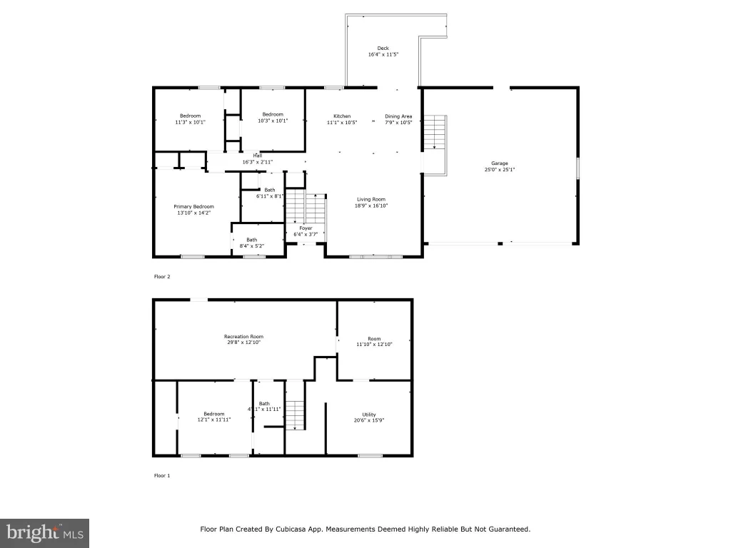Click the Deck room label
383,48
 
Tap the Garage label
499,163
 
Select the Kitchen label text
342,116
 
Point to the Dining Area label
398,116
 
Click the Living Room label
371,199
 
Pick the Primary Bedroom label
194,206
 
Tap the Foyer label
306,228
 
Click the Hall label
257,156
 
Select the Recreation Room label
244,336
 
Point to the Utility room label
369,415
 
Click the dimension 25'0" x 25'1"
499,170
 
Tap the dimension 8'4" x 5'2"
252,246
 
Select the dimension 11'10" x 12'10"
374,345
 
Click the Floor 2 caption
162,276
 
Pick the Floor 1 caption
162,475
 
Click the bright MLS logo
44,533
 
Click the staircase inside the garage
435,132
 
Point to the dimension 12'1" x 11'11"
214,420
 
